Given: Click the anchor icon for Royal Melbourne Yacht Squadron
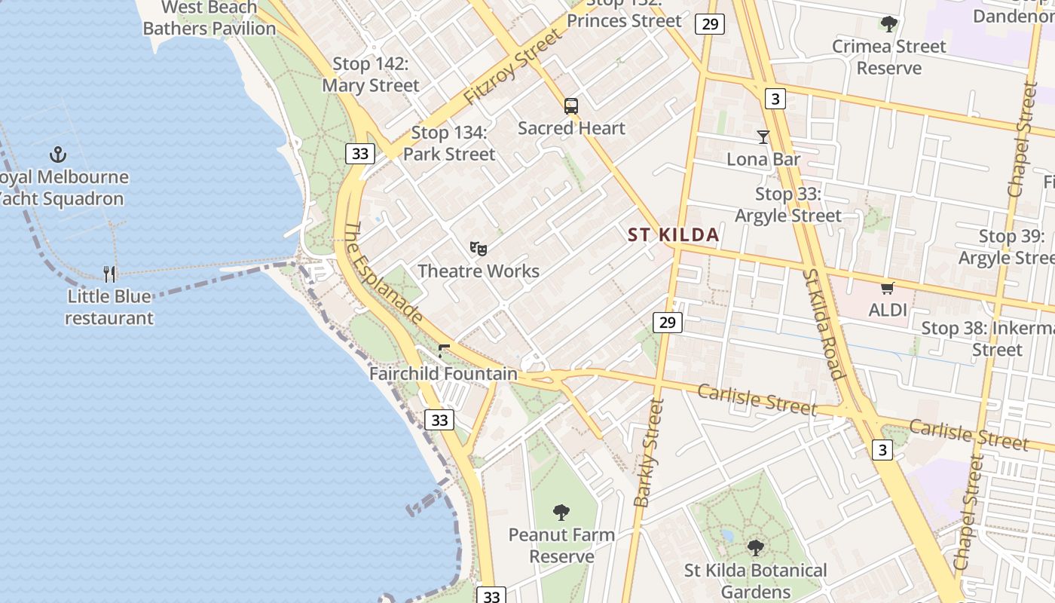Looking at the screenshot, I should (58, 155).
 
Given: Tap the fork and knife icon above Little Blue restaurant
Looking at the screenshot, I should (110, 274).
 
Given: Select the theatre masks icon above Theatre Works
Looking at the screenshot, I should (479, 248).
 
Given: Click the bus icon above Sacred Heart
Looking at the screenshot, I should (571, 106).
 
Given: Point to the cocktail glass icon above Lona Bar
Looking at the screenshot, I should (763, 137).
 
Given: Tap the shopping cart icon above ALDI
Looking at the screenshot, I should (888, 288).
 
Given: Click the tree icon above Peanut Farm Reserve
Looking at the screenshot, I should (561, 513).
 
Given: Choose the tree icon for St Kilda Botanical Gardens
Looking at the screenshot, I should (756, 548).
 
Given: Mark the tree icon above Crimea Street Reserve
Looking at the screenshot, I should (889, 24).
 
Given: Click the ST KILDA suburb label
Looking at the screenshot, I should (674, 235).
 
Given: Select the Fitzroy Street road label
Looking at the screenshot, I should (513, 68).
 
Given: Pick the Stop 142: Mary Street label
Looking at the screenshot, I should (371, 75).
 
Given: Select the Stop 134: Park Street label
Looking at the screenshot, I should (449, 143).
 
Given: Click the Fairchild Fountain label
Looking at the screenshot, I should (443, 373).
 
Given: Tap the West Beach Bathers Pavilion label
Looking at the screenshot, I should (209, 18).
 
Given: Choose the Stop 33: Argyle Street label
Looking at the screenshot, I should (788, 204).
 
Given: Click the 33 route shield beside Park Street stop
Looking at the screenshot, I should (360, 154).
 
